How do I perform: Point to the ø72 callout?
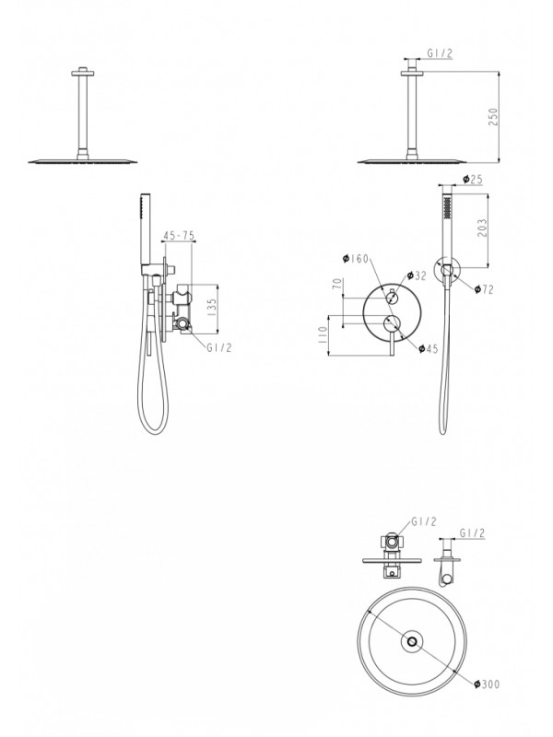pyautogui.click(x=485, y=288)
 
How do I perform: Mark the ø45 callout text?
pyautogui.click(x=428, y=347)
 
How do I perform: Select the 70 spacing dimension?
pyautogui.click(x=338, y=285)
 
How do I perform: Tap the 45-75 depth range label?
pyautogui.click(x=177, y=236)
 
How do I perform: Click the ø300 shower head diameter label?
pyautogui.click(x=488, y=684)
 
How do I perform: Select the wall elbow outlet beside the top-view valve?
pyautogui.click(x=450, y=571)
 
